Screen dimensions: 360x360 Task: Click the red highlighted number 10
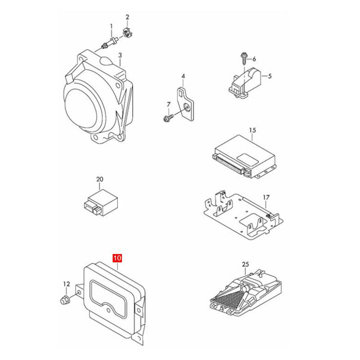pyautogui.click(x=117, y=258)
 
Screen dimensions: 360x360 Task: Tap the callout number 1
pyautogui.click(x=112, y=27)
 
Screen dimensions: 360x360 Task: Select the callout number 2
pyautogui.click(x=127, y=17)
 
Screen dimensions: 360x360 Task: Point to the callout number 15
pyautogui.click(x=252, y=130)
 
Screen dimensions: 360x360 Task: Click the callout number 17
pyautogui.click(x=266, y=198)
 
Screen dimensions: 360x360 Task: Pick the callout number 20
pyautogui.click(x=99, y=179)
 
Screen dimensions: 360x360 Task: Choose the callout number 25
pyautogui.click(x=245, y=265)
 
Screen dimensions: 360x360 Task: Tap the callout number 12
pyautogui.click(x=67, y=284)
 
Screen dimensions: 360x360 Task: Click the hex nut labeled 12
pyautogui.click(x=64, y=300)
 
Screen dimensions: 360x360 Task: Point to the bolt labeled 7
pyautogui.click(x=168, y=118)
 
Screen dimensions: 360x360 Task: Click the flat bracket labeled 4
pyautogui.click(x=185, y=103)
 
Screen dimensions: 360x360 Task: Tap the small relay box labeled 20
pyautogui.click(x=100, y=203)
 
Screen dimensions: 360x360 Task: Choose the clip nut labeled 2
pyautogui.click(x=128, y=33)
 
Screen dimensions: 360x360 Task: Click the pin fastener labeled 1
pyautogui.click(x=110, y=43)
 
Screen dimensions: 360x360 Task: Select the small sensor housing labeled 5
pyautogui.click(x=245, y=83)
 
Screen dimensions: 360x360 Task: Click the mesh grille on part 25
pyautogui.click(x=227, y=298)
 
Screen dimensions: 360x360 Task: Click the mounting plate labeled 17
pyautogui.click(x=243, y=216)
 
